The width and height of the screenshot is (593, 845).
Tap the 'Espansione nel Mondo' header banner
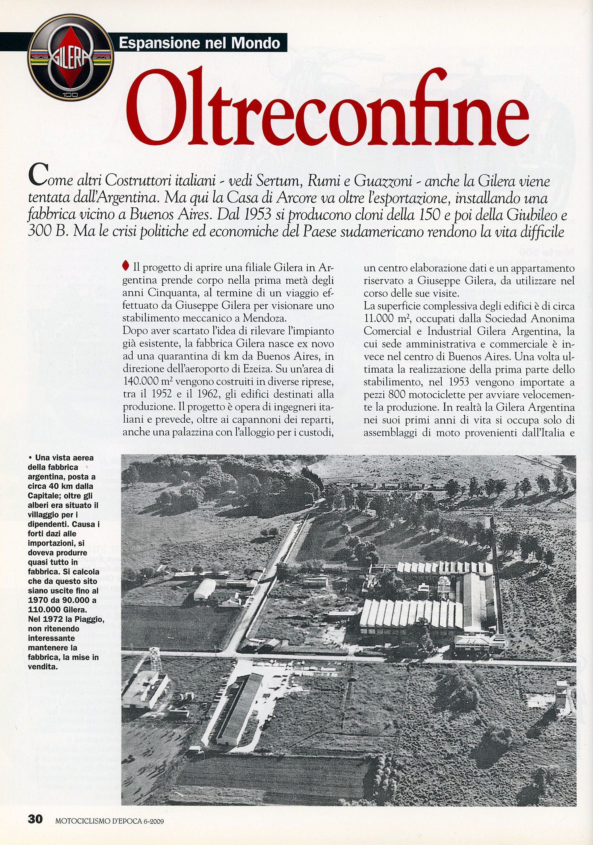(200, 43)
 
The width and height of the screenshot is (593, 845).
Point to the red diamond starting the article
(126, 265)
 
